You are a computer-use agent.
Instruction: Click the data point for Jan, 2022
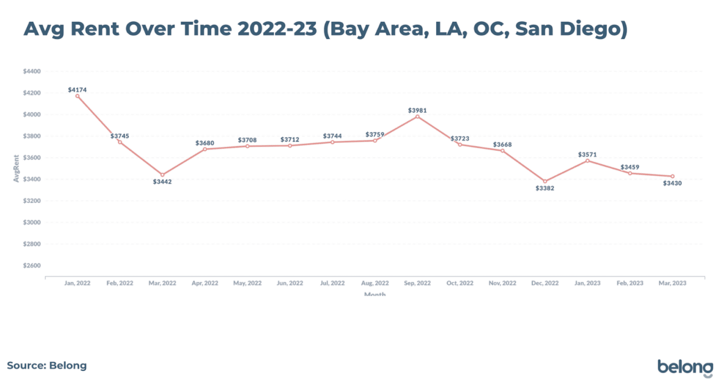click(x=77, y=96)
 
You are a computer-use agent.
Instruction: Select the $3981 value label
click(x=417, y=111)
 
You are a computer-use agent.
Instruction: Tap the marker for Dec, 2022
click(x=545, y=181)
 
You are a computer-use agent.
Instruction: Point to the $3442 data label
click(x=162, y=182)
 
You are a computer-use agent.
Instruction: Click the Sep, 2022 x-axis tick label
click(x=417, y=283)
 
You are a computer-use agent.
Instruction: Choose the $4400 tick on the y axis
click(x=32, y=72)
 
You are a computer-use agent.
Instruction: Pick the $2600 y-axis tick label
click(x=32, y=265)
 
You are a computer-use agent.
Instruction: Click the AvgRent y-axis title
click(x=16, y=168)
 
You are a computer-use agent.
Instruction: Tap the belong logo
click(x=685, y=368)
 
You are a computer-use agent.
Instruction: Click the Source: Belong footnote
click(x=47, y=366)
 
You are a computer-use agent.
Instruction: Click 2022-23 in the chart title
click(x=277, y=29)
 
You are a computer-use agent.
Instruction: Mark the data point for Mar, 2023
click(x=672, y=176)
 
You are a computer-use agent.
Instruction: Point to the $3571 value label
click(x=587, y=155)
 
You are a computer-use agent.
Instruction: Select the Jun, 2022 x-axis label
click(x=290, y=283)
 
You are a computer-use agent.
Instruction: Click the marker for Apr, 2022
click(x=205, y=149)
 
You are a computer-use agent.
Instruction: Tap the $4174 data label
click(x=77, y=90)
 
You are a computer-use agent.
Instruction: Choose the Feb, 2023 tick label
click(x=630, y=283)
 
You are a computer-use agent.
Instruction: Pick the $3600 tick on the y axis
click(x=32, y=158)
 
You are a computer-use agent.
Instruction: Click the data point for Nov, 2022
click(x=502, y=151)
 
